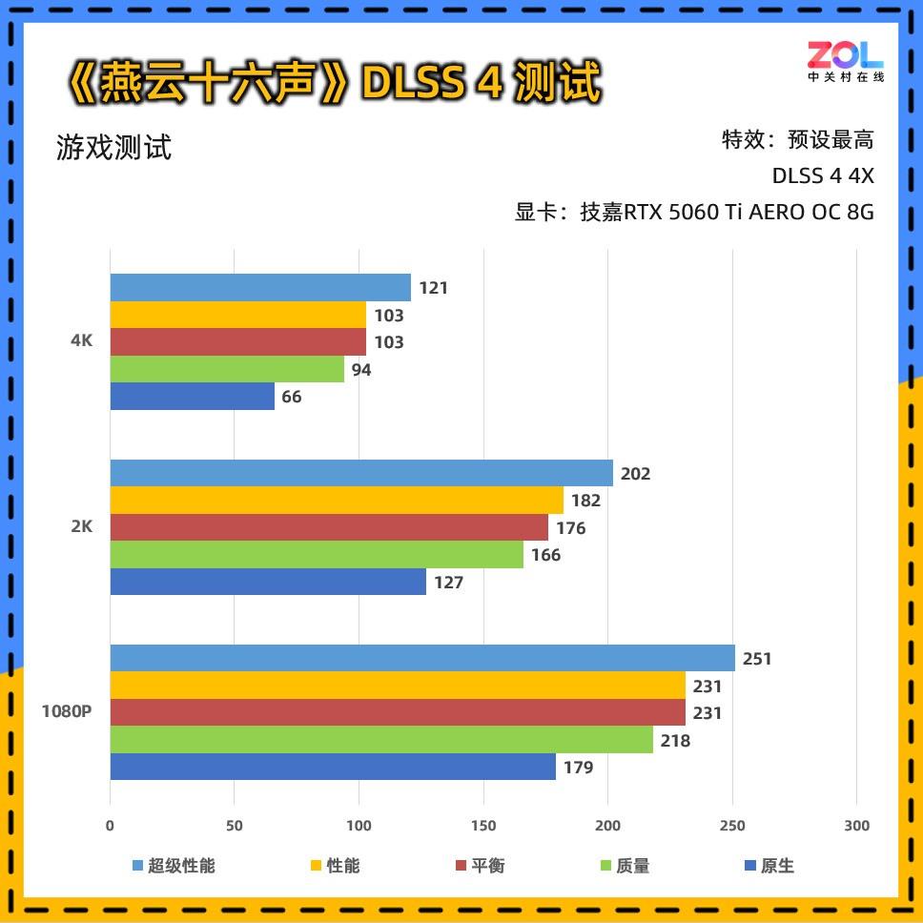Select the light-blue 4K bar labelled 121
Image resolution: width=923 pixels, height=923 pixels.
point(260,287)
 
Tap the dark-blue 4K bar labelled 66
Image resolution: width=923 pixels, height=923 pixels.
point(192,397)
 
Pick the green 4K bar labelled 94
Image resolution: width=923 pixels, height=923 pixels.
point(227,369)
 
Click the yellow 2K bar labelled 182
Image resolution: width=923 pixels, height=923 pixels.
point(337,500)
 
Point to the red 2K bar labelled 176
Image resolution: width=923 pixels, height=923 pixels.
point(329,527)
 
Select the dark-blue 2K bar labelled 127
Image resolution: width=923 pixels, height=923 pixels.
point(268,582)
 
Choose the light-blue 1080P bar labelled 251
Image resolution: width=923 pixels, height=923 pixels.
point(422,658)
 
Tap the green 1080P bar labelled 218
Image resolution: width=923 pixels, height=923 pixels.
point(381,740)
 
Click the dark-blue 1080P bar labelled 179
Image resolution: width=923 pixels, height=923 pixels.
point(333,767)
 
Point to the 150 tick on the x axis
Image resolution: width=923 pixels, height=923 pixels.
point(483,826)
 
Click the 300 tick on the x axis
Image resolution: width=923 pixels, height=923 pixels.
point(857,826)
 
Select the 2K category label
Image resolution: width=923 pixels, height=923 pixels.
point(82,526)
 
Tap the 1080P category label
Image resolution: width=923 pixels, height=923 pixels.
point(66,711)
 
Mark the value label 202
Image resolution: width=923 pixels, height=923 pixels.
point(635,473)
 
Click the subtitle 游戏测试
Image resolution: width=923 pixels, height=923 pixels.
point(113,148)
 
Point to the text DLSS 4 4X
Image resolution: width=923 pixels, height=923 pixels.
point(823,176)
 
